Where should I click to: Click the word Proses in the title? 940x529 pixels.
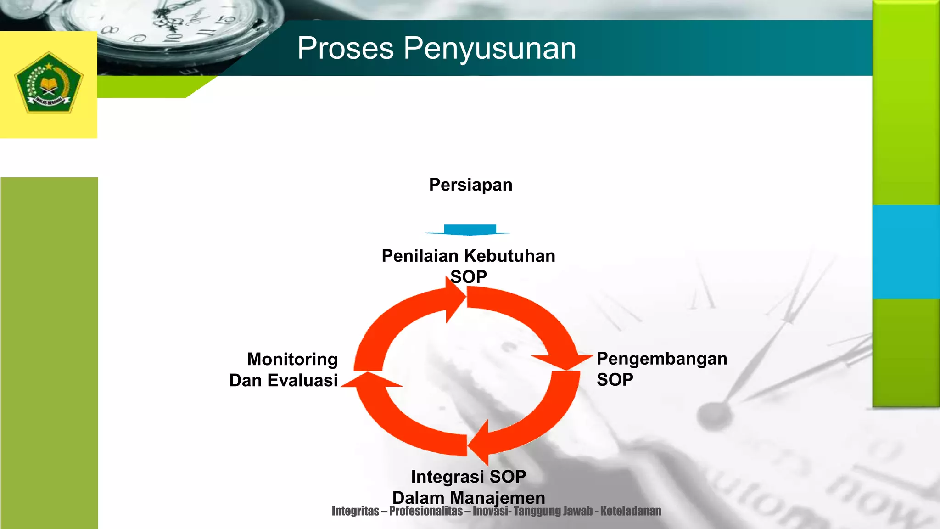click(345, 48)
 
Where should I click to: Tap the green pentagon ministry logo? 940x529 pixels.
click(49, 83)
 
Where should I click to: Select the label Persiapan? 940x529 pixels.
click(470, 185)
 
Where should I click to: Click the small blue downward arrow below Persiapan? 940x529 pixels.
click(470, 230)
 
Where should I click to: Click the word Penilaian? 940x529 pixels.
click(420, 256)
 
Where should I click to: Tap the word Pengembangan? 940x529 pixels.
click(661, 359)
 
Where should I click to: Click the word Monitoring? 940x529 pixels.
click(292, 359)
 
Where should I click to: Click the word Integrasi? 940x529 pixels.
click(448, 477)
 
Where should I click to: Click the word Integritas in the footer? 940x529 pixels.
click(355, 511)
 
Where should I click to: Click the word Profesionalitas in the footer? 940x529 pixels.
click(425, 511)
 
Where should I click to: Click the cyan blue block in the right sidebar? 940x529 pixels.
click(906, 252)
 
